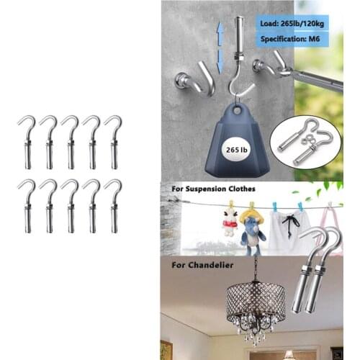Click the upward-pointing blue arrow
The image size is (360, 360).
coord(219,32)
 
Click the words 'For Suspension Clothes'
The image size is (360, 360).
coord(213,190)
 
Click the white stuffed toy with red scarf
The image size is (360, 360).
coord(230,220)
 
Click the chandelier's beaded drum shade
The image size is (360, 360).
coord(251,302)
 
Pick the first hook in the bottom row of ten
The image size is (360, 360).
coord(27,205)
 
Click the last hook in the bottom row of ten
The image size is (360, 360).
coord(113,205)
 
